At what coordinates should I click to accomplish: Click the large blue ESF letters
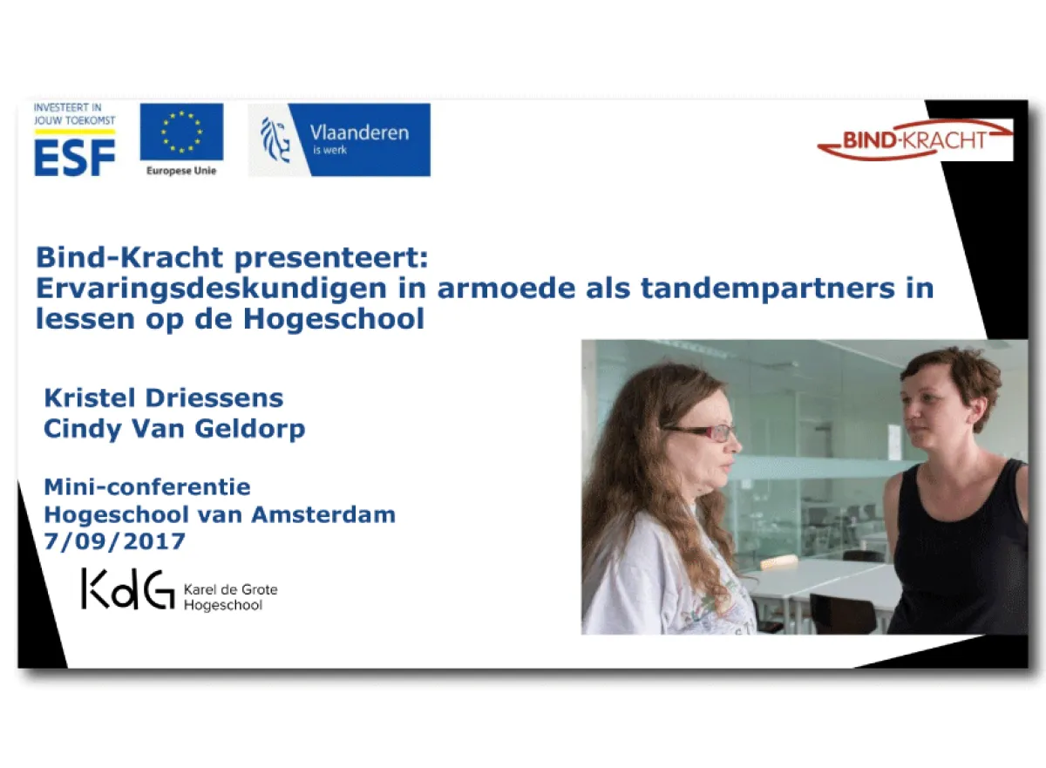(x=74, y=157)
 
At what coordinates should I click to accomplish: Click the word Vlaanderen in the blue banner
(x=359, y=133)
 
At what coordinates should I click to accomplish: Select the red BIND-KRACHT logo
(x=914, y=140)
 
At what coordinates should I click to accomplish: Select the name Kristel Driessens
(x=164, y=398)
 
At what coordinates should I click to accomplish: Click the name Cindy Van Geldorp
(x=174, y=429)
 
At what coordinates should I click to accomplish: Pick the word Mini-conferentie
(x=147, y=486)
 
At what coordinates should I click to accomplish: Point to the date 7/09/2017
(x=115, y=541)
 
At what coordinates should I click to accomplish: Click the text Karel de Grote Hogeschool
(x=230, y=597)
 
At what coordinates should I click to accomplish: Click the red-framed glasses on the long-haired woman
(x=702, y=432)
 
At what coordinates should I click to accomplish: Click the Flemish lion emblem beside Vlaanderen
(x=275, y=139)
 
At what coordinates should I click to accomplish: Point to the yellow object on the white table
(x=779, y=562)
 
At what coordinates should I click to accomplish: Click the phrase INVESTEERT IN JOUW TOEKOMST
(x=74, y=113)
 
